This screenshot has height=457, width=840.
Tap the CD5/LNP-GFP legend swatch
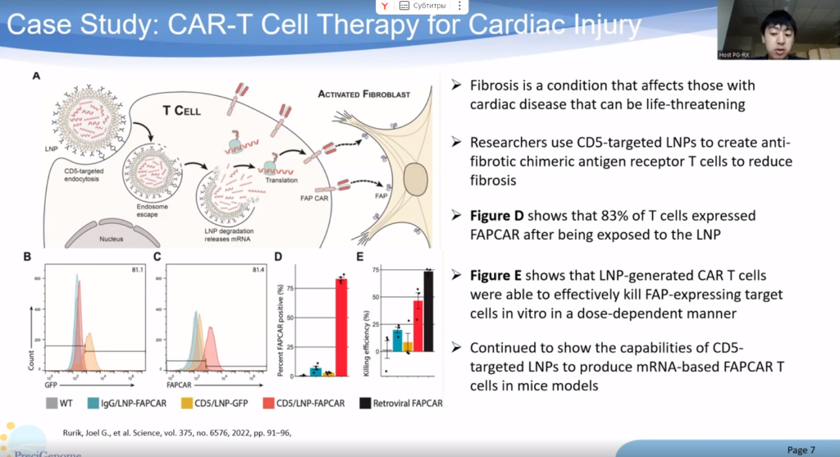pyautogui.click(x=185, y=403)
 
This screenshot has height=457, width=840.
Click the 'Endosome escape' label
pyautogui.click(x=145, y=213)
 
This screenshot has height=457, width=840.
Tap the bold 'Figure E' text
pyautogui.click(x=500, y=275)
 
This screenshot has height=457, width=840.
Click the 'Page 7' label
pyautogui.click(x=801, y=450)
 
